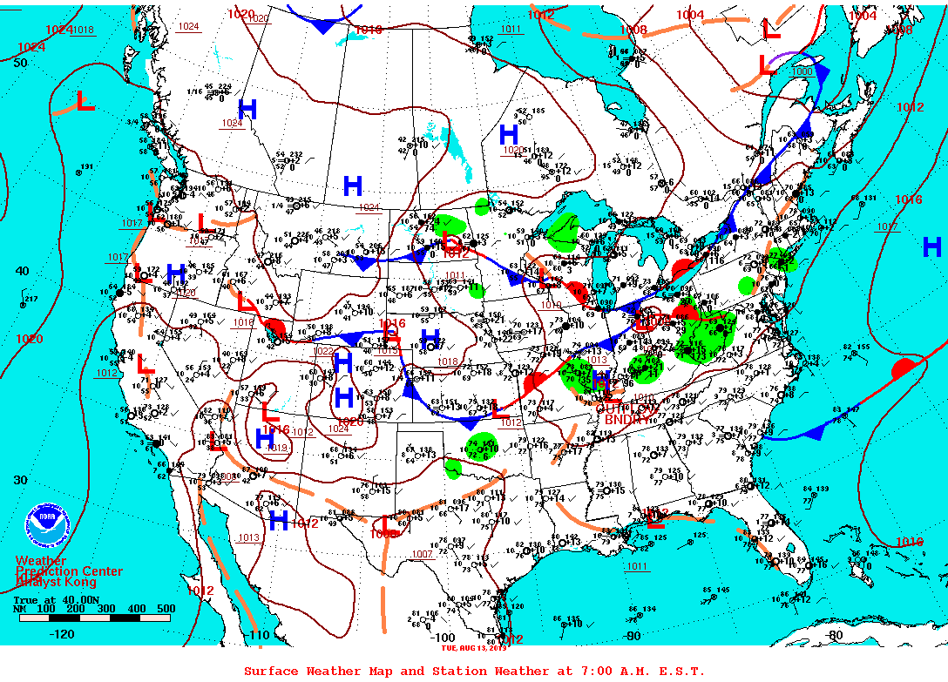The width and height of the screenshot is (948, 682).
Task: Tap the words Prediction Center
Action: tap(70, 571)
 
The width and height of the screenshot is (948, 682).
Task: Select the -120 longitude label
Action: tap(63, 634)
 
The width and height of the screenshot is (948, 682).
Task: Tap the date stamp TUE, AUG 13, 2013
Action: tap(473, 647)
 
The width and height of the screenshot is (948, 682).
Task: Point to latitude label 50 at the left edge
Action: tap(21, 63)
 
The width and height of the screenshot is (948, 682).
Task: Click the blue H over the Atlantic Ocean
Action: tap(931, 247)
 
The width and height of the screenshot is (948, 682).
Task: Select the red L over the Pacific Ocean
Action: tap(85, 102)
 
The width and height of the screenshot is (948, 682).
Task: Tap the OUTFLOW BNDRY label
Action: tap(626, 413)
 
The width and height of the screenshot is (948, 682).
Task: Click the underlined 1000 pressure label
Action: tap(802, 71)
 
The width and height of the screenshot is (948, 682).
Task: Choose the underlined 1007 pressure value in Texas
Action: tap(423, 554)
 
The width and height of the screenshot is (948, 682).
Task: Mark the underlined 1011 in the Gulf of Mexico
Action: tap(637, 566)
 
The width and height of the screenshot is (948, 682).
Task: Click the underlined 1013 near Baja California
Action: tap(248, 537)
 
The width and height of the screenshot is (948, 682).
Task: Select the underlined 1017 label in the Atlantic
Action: tap(887, 226)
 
